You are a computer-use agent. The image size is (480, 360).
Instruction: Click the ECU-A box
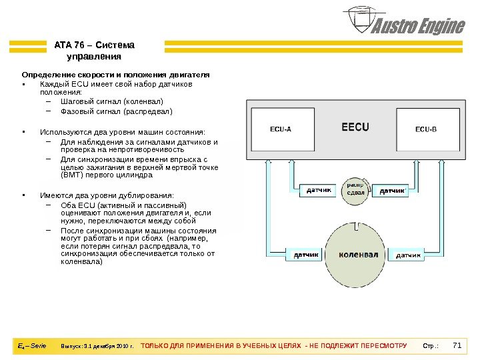point(280,129)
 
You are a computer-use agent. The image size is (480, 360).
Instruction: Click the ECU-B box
point(425,129)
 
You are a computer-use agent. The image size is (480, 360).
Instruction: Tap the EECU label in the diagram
point(355,126)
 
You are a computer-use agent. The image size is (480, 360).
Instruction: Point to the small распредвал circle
point(356,189)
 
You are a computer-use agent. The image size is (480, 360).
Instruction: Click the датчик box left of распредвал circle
point(319,191)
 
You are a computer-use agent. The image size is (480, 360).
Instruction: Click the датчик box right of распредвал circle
point(393,191)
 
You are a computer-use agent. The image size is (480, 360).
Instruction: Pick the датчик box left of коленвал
point(306,255)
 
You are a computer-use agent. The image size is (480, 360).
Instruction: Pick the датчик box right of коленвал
point(409,255)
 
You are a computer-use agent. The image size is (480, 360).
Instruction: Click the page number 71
point(457,345)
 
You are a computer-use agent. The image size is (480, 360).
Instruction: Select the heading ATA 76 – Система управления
point(94,51)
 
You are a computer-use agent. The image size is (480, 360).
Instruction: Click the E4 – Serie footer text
point(31,346)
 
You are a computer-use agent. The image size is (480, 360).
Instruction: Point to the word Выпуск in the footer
point(71,347)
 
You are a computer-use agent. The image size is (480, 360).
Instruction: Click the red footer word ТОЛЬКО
point(156,347)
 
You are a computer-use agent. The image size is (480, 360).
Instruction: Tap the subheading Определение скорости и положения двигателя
point(116,75)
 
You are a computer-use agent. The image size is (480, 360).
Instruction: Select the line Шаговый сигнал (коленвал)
point(111,102)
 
